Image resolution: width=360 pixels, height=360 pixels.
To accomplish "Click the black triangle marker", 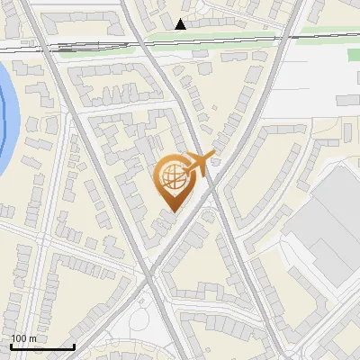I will point(182,24).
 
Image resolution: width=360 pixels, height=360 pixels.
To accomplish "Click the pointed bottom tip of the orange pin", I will point(174,212).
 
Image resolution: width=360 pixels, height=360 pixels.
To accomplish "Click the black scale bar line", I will point(42,346).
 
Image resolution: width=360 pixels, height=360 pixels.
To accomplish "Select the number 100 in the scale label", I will point(19,338).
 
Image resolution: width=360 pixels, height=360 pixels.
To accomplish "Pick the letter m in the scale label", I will point(32,339).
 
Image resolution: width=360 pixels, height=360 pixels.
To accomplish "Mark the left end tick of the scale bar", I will point(11,346).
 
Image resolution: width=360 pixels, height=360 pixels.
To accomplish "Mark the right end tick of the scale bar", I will point(74,346).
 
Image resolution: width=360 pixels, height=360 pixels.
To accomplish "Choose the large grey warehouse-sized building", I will point(333,225).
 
